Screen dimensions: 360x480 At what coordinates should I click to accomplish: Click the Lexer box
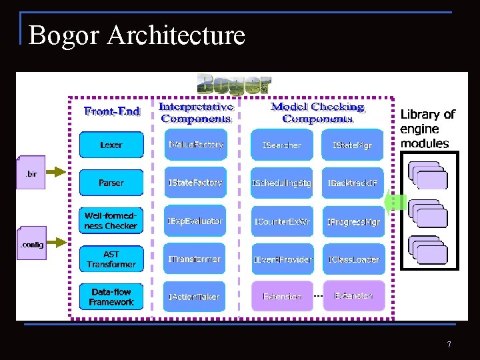point(111,145)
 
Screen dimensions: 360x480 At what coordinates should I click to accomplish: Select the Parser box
point(111,183)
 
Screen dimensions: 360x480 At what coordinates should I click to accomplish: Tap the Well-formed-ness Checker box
point(111,221)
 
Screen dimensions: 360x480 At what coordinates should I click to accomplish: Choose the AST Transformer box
point(111,259)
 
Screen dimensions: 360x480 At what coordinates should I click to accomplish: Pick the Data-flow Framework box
point(111,297)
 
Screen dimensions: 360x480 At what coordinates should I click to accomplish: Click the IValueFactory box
point(195,145)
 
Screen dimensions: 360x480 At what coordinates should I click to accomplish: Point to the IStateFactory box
point(195,183)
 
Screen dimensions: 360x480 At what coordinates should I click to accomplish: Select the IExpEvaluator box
point(195,221)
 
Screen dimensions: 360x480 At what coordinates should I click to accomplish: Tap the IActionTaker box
point(195,297)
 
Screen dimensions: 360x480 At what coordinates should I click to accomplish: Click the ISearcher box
point(282,145)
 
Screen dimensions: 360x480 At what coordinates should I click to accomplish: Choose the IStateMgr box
point(353,145)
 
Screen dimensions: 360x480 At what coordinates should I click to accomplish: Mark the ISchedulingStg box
point(282,183)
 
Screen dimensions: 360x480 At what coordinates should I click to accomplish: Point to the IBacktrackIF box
point(353,183)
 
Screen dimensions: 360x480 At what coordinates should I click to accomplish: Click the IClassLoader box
point(353,259)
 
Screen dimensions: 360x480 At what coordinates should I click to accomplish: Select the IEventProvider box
point(282,259)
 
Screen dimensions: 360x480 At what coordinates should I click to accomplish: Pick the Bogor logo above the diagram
point(234,84)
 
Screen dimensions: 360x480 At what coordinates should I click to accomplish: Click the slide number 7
point(449,345)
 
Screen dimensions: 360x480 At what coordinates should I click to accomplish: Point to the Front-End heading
point(112,111)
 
